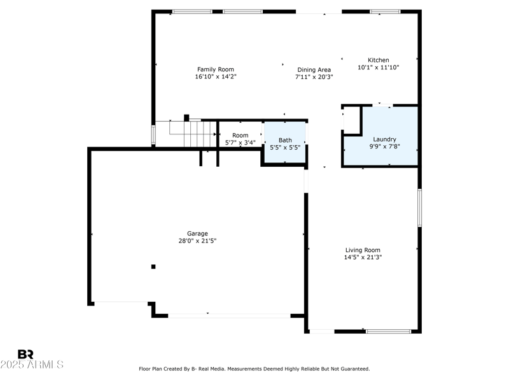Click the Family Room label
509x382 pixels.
[216, 69]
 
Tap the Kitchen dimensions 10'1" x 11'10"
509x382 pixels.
[378, 67]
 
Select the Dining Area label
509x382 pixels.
[314, 70]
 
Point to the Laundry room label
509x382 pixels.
[384, 139]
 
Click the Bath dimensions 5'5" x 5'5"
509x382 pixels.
[285, 147]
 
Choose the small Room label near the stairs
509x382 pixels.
[241, 135]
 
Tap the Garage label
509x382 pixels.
[197, 234]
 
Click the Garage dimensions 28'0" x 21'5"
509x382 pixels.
[197, 241]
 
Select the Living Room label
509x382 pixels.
[363, 250]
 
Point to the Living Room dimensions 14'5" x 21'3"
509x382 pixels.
[363, 257]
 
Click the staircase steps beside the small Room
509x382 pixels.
[200, 134]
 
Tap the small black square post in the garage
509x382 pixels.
[153, 267]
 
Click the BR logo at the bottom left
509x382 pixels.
[25, 354]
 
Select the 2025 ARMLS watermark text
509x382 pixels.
[32, 364]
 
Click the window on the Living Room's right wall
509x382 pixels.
[419, 208]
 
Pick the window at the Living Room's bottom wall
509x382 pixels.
[388, 331]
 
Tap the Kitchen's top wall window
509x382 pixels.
[385, 11]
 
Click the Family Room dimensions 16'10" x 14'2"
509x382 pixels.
[216, 76]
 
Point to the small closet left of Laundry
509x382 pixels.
[351, 120]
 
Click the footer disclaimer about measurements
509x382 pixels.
[254, 369]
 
